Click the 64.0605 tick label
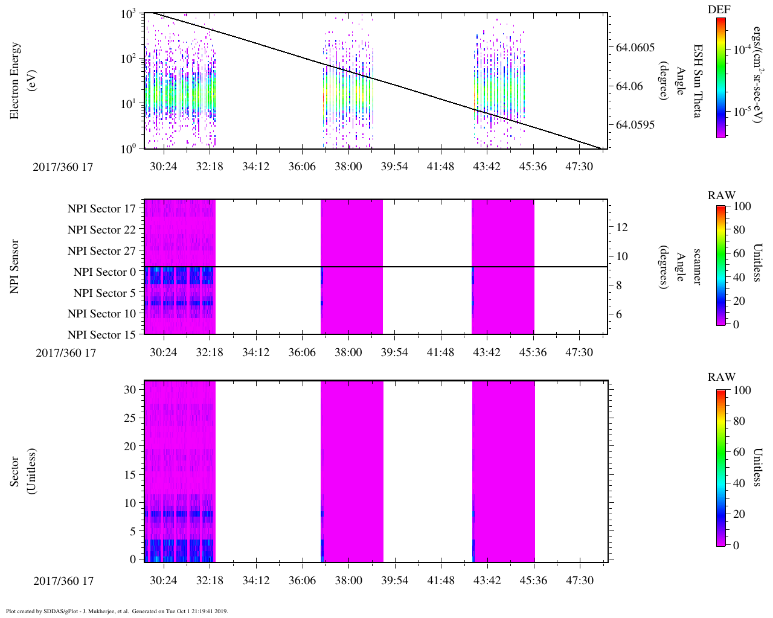pyautogui.click(x=635, y=47)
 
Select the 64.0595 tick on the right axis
pyautogui.click(x=635, y=125)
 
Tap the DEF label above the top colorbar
pyautogui.click(x=719, y=10)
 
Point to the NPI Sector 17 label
pyautogui.click(x=102, y=209)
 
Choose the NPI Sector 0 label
pyautogui.click(x=105, y=272)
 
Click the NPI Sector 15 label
pyautogui.click(x=102, y=335)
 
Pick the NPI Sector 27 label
pyautogui.click(x=102, y=251)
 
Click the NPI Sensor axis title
pyautogui.click(x=14, y=267)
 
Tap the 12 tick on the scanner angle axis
pyautogui.click(x=621, y=228)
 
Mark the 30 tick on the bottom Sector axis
pyautogui.click(x=130, y=390)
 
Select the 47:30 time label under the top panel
pyautogui.click(x=579, y=167)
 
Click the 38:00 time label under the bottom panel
pyautogui.click(x=348, y=581)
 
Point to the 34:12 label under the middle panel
pyautogui.click(x=256, y=352)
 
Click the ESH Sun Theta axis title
pyautogui.click(x=698, y=81)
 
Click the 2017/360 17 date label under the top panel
pyautogui.click(x=63, y=167)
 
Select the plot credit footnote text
pyautogui.click(x=117, y=611)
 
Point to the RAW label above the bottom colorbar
pyautogui.click(x=722, y=377)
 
